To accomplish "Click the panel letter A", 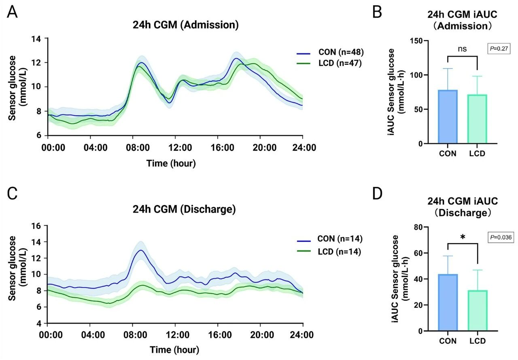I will tap(13, 12).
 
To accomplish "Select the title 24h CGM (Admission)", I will tap(185, 25).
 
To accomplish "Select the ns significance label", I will tap(463, 49).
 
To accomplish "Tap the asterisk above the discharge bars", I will tap(463, 237).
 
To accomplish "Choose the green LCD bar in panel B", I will tap(478, 119).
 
